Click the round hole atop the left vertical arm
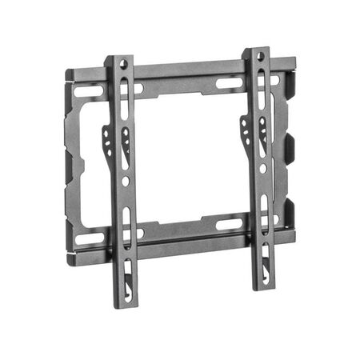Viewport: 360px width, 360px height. tap(122, 62)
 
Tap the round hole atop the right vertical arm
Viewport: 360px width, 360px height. tap(260, 56)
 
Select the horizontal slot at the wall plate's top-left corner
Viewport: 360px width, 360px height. tap(89, 90)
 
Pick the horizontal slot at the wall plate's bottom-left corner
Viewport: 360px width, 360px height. tap(90, 238)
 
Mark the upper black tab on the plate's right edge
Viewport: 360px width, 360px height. tap(290, 146)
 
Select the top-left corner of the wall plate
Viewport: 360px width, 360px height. tap(68, 75)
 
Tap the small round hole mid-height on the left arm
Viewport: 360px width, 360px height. tap(126, 181)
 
